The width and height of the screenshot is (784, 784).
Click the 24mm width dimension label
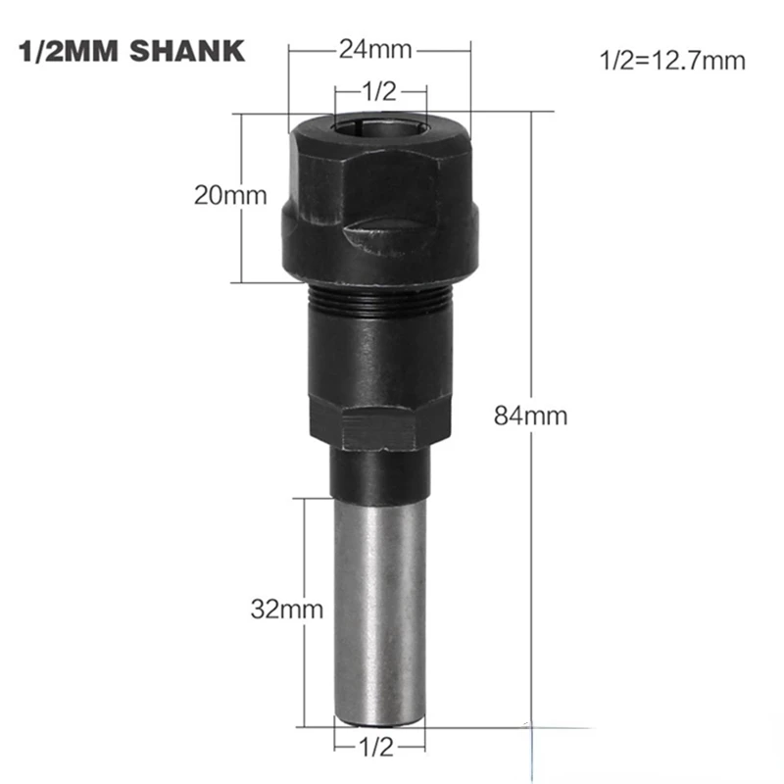(377, 48)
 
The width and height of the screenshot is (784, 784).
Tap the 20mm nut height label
(230, 194)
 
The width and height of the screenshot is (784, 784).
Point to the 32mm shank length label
(285, 609)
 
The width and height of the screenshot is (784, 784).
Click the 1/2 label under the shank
(377, 748)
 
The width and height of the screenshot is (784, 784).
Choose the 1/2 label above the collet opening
(378, 92)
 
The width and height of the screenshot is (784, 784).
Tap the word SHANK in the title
(195, 51)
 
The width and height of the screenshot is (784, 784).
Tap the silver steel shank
(380, 608)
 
